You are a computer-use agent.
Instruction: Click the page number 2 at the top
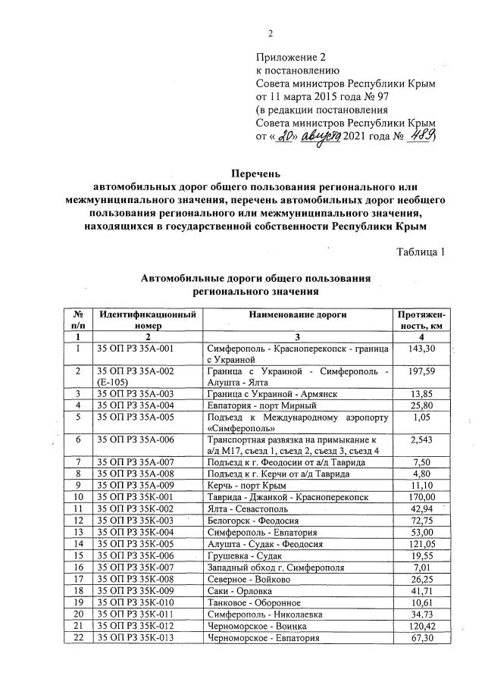point(270,33)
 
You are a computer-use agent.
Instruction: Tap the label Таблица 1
point(421,252)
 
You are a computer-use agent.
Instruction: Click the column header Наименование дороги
point(298,314)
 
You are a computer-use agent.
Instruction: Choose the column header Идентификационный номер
point(148,319)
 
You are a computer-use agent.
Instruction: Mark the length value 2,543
point(421,439)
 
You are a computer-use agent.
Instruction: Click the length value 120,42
point(421,626)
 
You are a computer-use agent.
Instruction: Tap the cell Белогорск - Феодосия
point(251,521)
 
